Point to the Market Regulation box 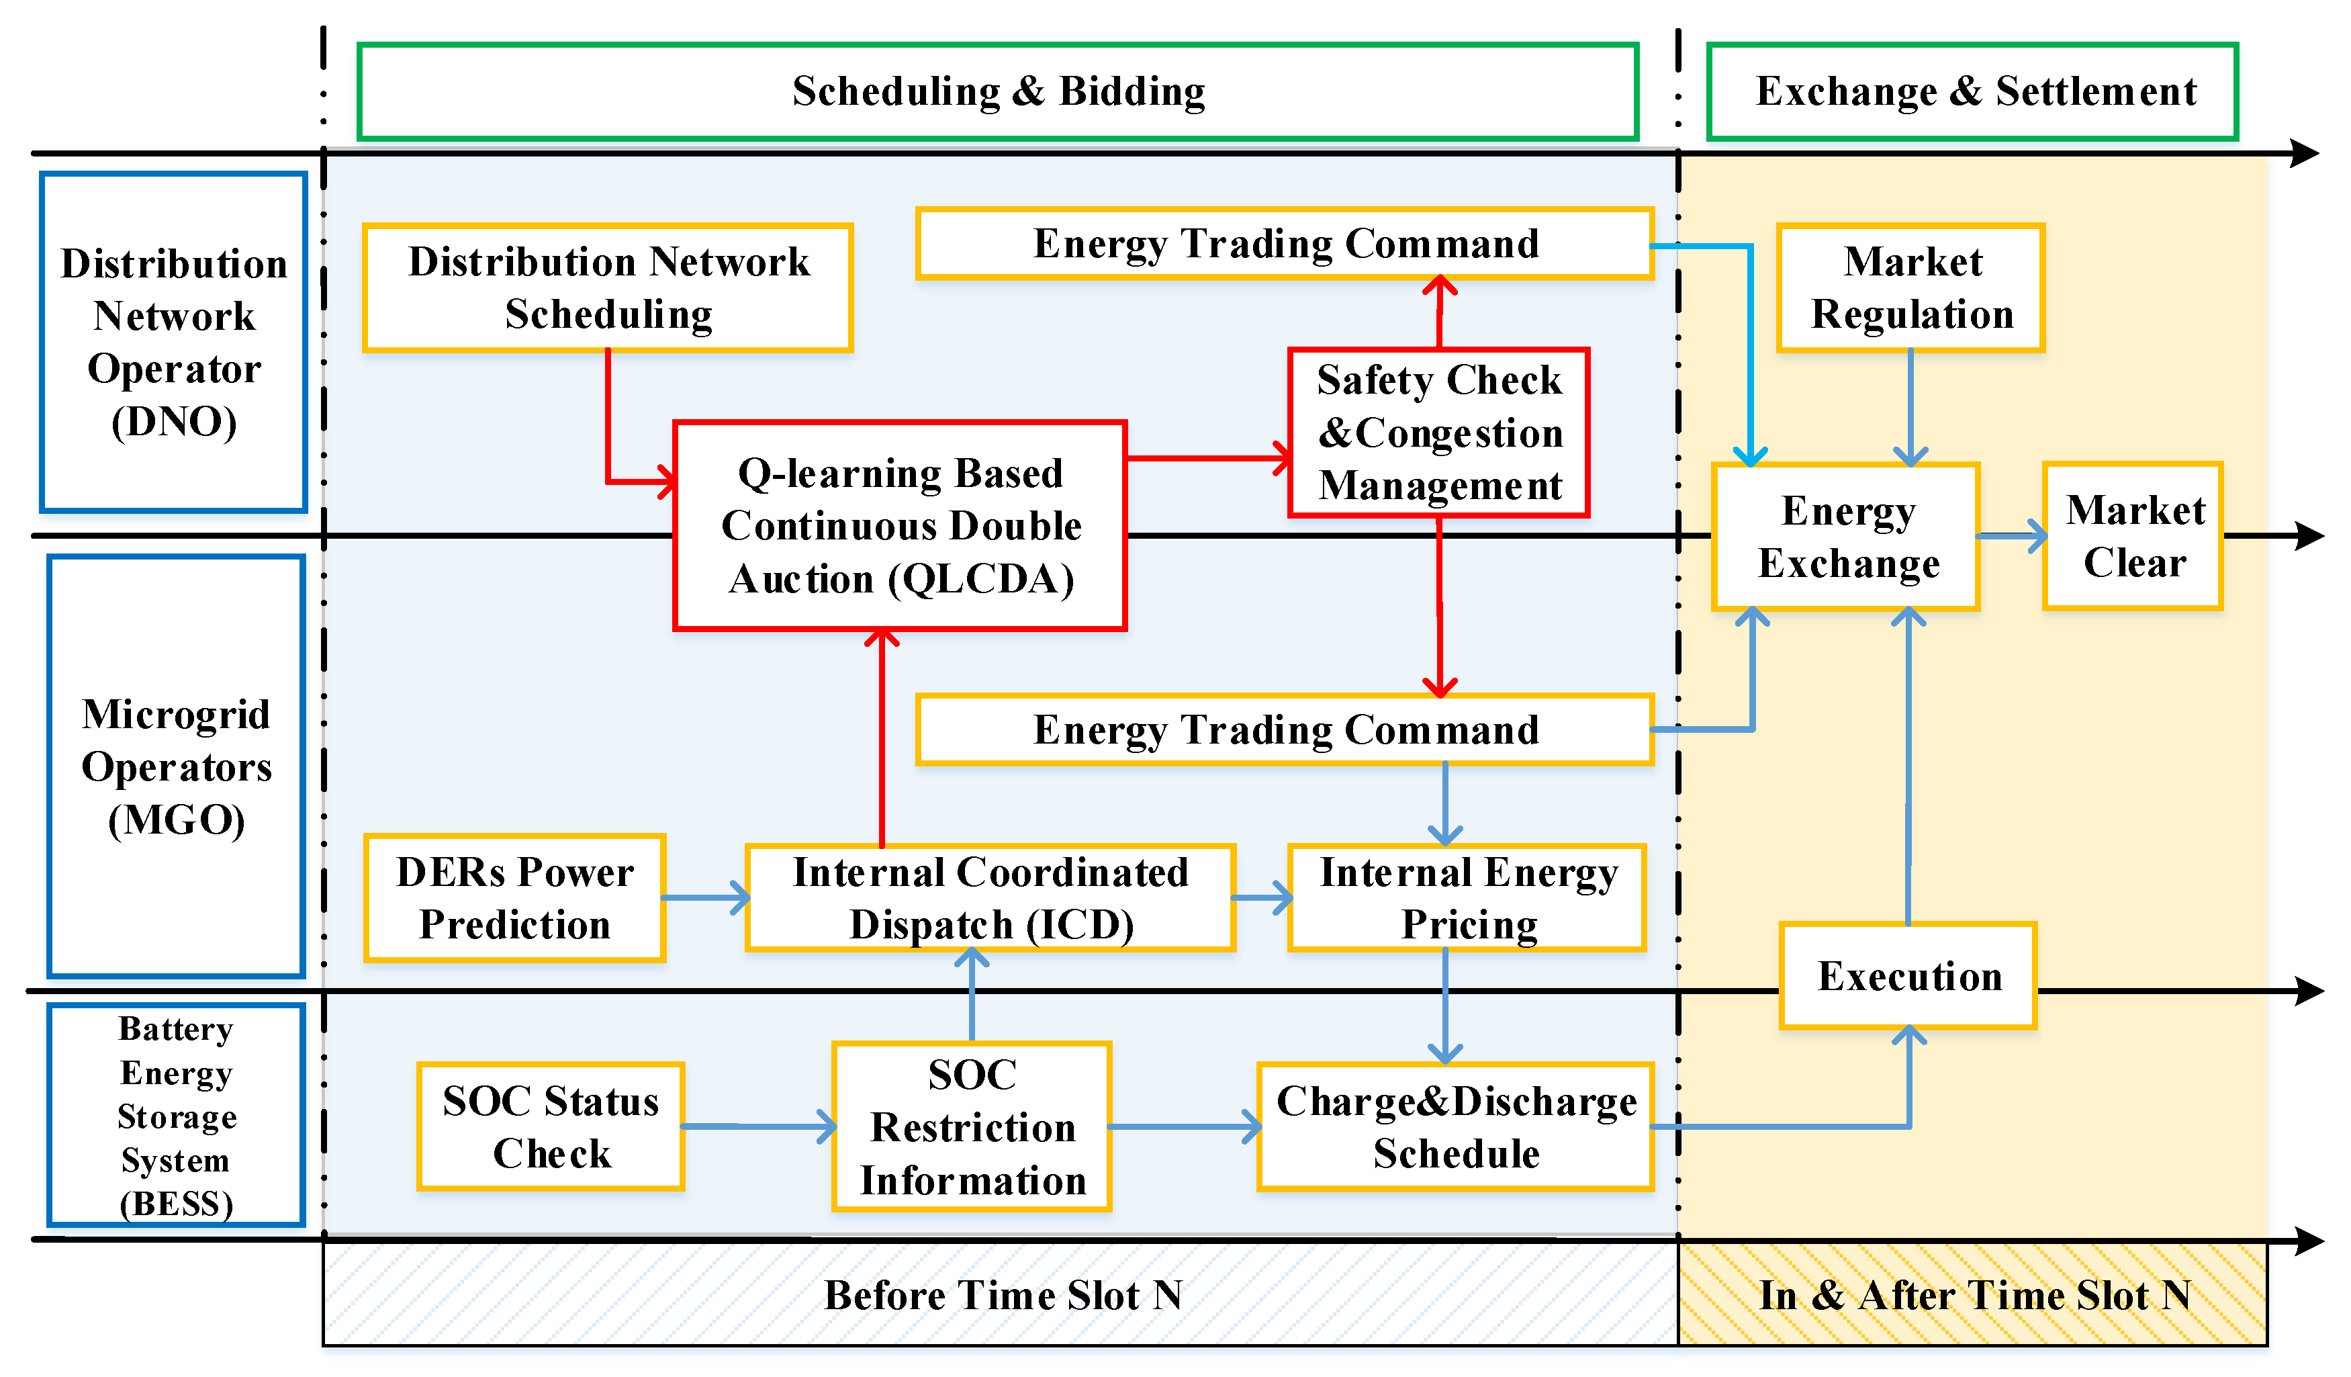click(1910, 287)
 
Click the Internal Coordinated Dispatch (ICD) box click(990, 897)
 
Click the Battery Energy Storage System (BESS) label click(177, 1115)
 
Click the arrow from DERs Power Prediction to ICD click(704, 897)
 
